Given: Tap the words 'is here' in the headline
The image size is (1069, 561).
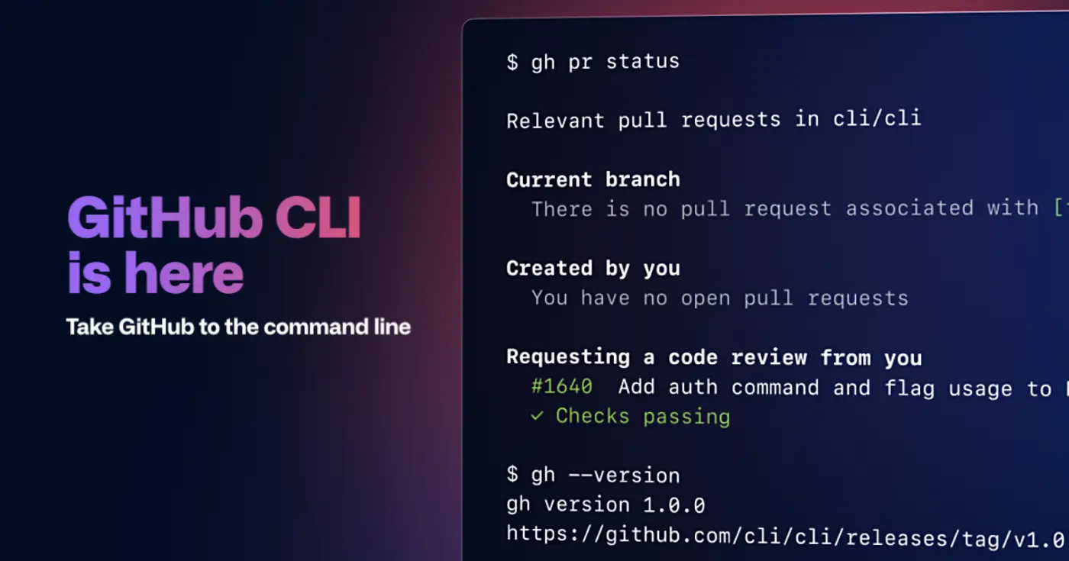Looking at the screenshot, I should pyautogui.click(x=156, y=275).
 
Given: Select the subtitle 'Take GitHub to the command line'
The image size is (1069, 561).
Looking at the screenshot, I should pyautogui.click(x=238, y=327).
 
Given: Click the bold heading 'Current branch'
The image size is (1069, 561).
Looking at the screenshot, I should pyautogui.click(x=593, y=179).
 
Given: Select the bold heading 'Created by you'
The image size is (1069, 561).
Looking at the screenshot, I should pyautogui.click(x=593, y=268).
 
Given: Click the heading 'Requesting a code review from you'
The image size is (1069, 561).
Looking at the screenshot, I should pyautogui.click(x=714, y=357).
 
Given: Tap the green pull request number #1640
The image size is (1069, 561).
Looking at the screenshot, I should pyautogui.click(x=561, y=387).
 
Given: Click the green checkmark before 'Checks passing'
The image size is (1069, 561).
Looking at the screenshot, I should pyautogui.click(x=538, y=417).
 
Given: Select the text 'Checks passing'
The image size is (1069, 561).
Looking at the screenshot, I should pyautogui.click(x=643, y=417).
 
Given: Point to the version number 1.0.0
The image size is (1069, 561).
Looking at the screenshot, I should pyautogui.click(x=673, y=505).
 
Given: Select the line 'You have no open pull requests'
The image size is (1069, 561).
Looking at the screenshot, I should pyautogui.click(x=720, y=298).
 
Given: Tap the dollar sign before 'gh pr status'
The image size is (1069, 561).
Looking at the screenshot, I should pyautogui.click(x=512, y=62).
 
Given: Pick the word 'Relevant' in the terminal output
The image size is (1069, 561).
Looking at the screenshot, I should pyautogui.click(x=555, y=120).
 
